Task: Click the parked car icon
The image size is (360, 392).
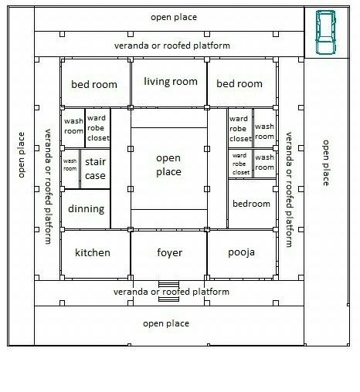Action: point(326,32)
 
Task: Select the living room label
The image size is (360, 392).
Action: point(171,82)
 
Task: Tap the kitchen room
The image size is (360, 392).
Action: point(95,254)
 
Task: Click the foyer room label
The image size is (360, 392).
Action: point(169,253)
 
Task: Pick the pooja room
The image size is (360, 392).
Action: point(242,254)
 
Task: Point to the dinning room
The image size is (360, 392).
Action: point(86,209)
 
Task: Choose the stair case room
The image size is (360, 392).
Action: point(95,169)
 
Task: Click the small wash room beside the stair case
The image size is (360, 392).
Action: point(70,169)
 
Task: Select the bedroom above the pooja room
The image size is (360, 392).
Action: point(252,204)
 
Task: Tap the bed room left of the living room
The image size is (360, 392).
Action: point(95,83)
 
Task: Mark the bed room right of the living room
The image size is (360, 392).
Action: point(242,83)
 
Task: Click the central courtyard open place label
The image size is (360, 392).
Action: point(168,165)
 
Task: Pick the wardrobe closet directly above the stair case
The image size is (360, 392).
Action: point(98,128)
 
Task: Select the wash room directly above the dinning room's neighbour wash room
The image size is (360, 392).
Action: point(73,128)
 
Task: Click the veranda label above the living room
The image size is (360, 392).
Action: point(172,46)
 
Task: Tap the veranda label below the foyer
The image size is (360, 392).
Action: point(172,292)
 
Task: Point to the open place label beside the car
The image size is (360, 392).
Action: point(174,17)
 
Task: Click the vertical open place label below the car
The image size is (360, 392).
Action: point(326,163)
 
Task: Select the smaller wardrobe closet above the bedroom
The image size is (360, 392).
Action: point(240,164)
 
